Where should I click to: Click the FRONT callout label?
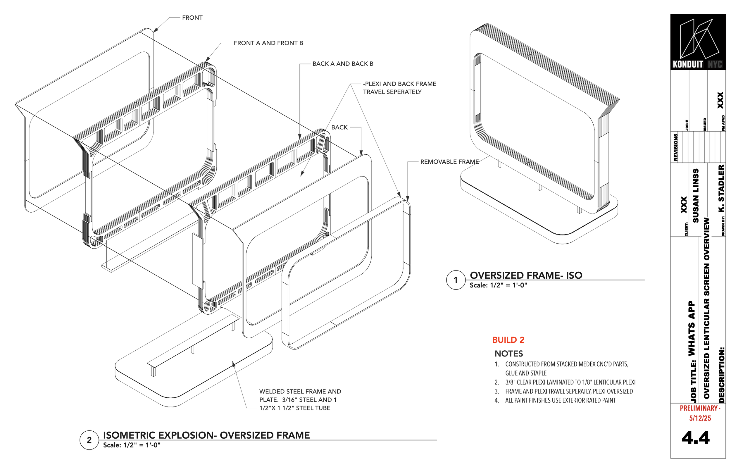pos(192,18)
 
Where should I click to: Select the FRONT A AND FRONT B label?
pos(268,43)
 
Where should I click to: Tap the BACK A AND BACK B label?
pos(342,64)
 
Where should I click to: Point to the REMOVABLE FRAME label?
pos(449,162)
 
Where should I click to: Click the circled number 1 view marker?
pos(455,280)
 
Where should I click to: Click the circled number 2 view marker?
pos(89,440)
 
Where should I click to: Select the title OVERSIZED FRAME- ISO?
pos(526,275)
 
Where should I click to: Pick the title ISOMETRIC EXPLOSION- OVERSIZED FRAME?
pos(206,435)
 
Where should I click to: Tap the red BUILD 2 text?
pos(508,340)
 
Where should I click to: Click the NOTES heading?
pos(508,354)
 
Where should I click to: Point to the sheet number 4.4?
pos(695,438)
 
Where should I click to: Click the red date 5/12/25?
pos(700,418)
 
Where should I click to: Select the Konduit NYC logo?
pos(698,42)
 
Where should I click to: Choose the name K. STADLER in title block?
pos(721,189)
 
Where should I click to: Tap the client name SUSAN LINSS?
pos(696,196)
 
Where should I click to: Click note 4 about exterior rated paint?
pos(560,400)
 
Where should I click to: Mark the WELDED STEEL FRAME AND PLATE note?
pos(300,400)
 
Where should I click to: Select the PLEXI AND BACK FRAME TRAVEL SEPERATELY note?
pos(399,88)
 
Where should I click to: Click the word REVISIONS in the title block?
pos(675,147)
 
